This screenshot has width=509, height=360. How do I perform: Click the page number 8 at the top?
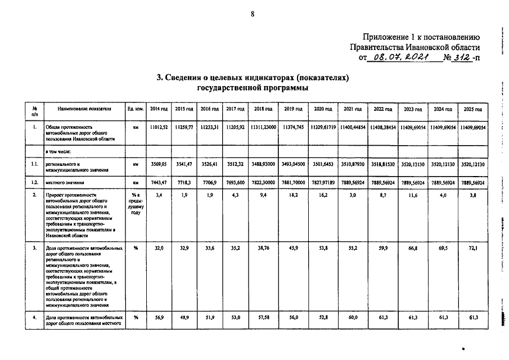tap(253, 14)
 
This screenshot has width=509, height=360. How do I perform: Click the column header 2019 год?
tap(294, 109)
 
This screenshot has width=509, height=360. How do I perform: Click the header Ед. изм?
tap(135, 109)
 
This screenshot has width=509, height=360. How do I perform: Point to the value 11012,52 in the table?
tap(159, 128)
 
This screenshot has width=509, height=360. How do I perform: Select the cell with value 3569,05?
tap(159, 163)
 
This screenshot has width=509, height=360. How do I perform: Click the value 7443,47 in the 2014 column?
tap(159, 182)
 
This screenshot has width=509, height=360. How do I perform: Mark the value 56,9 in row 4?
tap(159, 317)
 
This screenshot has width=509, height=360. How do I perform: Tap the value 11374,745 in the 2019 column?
tap(294, 128)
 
